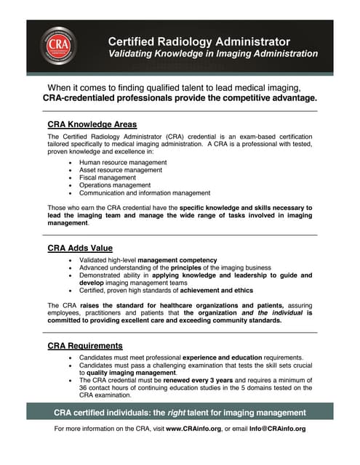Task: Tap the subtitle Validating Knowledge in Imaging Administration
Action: (213, 54)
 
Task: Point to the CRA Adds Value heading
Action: (80, 248)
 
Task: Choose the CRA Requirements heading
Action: (85, 345)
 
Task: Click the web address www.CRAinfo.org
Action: (194, 429)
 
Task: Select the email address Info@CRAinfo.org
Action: (276, 429)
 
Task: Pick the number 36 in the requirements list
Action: (84, 388)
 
